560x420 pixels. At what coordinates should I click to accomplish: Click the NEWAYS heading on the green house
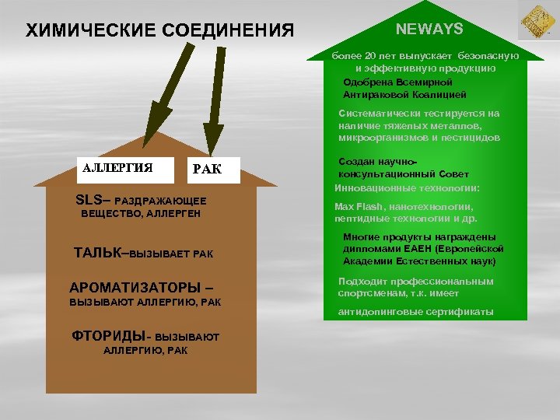(429, 30)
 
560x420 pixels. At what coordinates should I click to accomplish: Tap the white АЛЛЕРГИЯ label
(117, 167)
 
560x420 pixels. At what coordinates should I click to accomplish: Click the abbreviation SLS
(89, 200)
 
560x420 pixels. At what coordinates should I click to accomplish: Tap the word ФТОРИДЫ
(107, 336)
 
